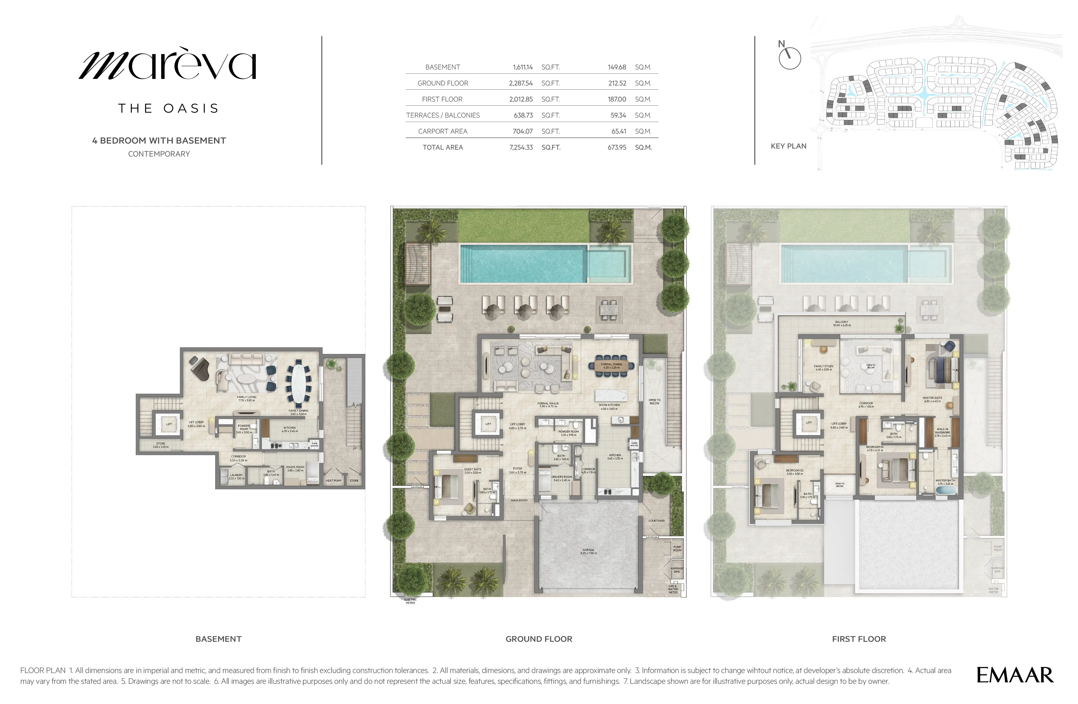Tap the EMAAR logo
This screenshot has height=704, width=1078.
[x=1015, y=675]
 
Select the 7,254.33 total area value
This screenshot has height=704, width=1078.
[x=521, y=147]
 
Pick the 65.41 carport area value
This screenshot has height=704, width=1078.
[x=618, y=131]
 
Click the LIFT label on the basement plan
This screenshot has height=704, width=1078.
[x=169, y=424]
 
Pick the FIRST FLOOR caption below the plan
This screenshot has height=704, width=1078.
[x=859, y=639]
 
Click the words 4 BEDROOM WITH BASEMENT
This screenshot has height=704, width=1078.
[x=159, y=141]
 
